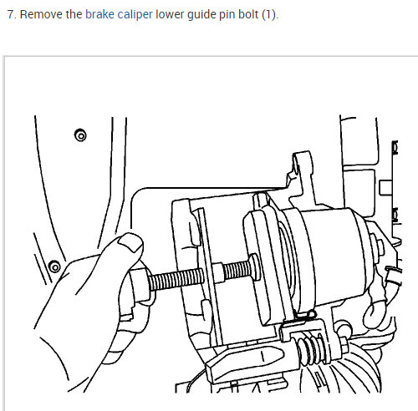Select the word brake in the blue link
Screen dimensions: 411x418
[x=99, y=15]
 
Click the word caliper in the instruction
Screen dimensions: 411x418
[x=135, y=15]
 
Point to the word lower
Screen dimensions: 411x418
[x=170, y=15]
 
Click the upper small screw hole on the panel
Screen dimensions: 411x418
[x=79, y=134]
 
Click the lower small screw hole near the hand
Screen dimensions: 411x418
[x=54, y=266]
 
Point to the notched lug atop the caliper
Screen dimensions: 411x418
[x=299, y=167]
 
